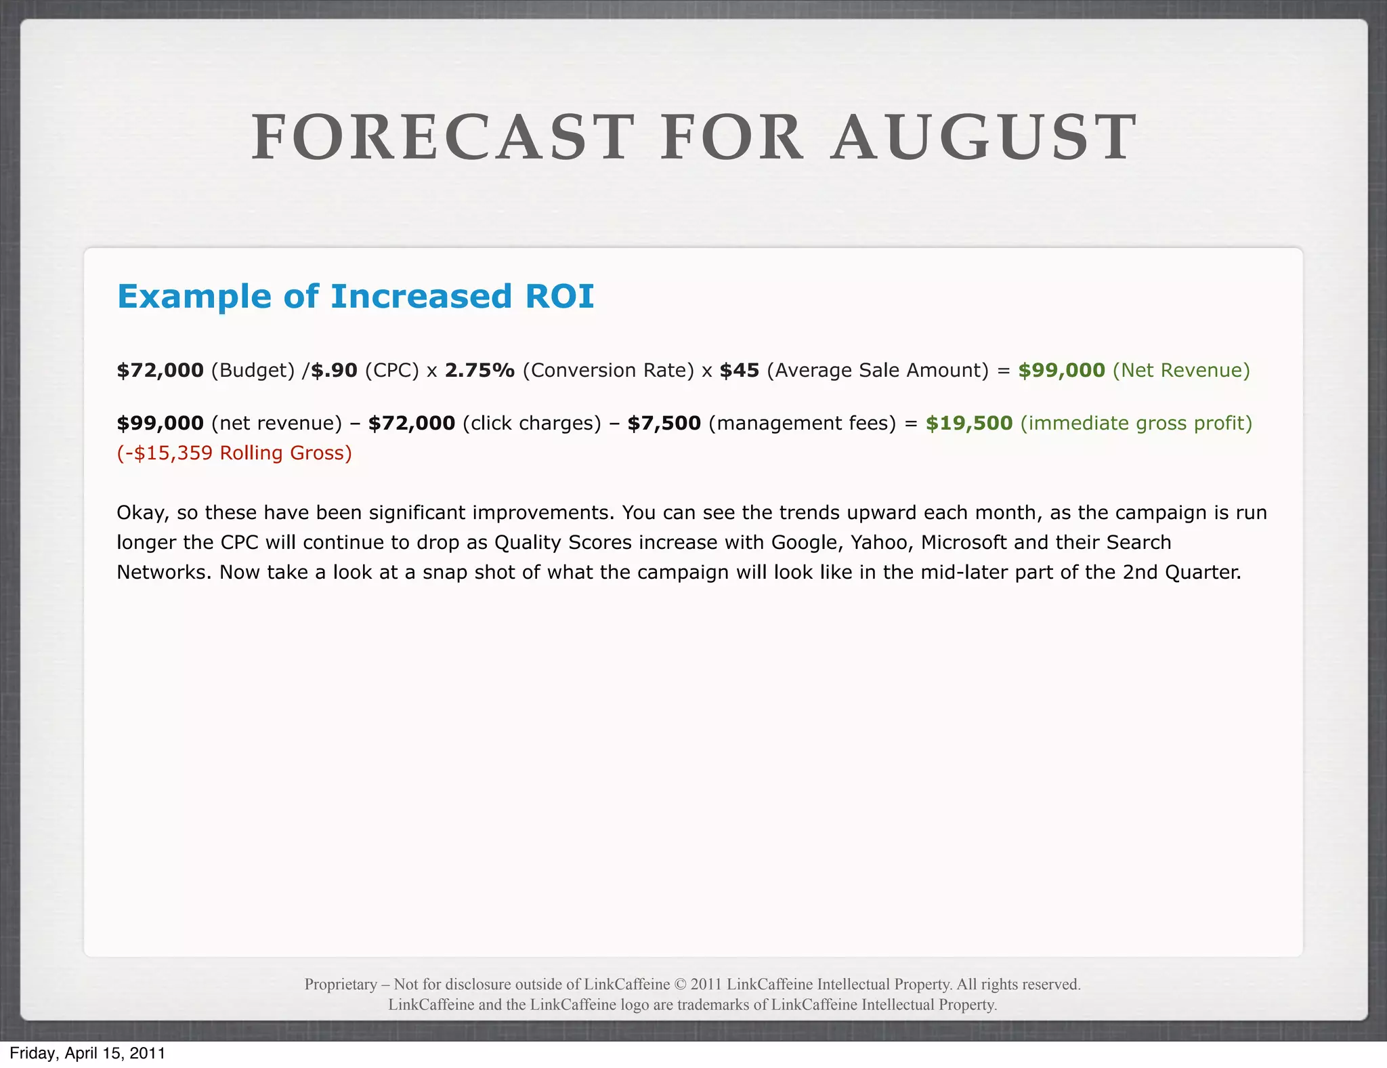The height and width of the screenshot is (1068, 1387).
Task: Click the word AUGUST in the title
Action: pos(983,138)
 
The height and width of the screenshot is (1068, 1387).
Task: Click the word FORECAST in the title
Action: pos(442,138)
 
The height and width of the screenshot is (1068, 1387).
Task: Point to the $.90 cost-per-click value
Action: pos(334,370)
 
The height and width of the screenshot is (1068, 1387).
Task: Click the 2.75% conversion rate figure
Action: pos(479,370)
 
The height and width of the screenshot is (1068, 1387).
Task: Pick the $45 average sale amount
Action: pos(739,370)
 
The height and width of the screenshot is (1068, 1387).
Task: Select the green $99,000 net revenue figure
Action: pos(1061,370)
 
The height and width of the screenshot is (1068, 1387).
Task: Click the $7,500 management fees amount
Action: pos(664,423)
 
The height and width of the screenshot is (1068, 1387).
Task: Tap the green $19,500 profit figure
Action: pos(968,423)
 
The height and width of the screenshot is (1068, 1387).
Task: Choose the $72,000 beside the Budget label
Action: pos(160,370)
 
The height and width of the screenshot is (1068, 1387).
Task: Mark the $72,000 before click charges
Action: pos(411,423)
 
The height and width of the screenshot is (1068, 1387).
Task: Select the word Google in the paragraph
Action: pos(804,542)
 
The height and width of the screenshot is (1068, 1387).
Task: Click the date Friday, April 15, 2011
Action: pos(87,1053)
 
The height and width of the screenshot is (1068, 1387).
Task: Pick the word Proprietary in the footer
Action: pos(341,984)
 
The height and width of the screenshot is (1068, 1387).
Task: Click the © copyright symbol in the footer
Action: pos(680,984)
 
